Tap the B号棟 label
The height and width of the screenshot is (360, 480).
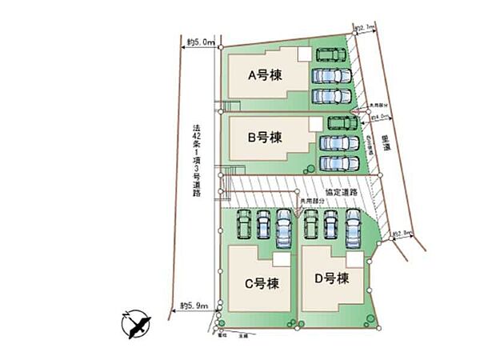point(264,138)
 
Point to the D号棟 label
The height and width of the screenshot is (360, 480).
point(332,278)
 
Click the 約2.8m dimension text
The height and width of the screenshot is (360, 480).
point(402,234)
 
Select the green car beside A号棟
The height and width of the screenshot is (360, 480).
point(330,55)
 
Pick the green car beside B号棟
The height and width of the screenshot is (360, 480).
point(342,124)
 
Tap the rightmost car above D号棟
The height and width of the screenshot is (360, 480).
point(354,229)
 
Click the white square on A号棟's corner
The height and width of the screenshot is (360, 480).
point(304,54)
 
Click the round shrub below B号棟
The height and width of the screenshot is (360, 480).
point(310,166)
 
